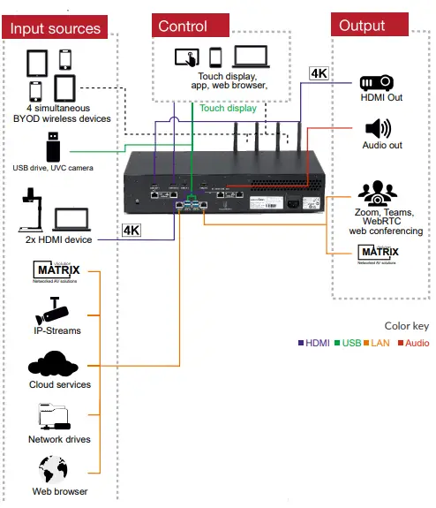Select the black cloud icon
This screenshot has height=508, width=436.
click(56, 363)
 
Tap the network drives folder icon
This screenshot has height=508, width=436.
click(56, 415)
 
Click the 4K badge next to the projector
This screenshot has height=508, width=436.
click(319, 73)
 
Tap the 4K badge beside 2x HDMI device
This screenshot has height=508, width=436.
click(131, 231)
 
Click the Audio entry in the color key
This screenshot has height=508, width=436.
click(411, 343)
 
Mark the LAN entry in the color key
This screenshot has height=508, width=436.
click(379, 343)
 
